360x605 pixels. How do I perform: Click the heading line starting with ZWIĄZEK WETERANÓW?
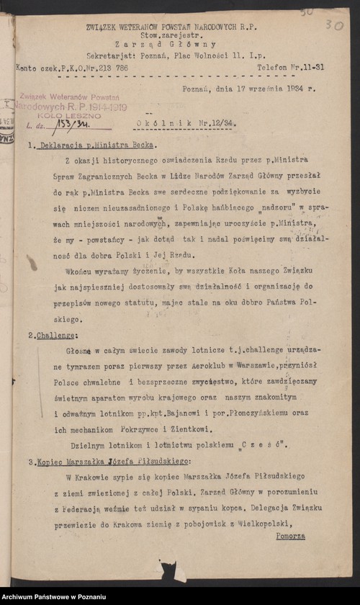[x=171, y=26]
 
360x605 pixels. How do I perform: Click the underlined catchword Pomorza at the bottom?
[x=290, y=536]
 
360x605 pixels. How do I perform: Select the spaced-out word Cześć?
[x=262, y=444]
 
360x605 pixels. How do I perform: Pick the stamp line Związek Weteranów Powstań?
[x=69, y=96]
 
